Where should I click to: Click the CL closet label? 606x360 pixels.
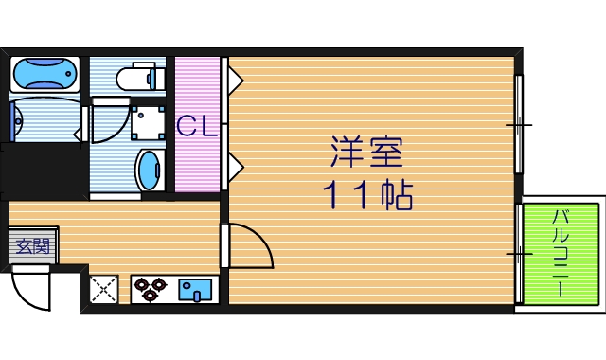click(197, 126)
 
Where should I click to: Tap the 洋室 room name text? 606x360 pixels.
click(366, 152)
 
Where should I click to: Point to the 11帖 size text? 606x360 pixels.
click(367, 194)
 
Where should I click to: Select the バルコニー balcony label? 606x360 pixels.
click(561, 253)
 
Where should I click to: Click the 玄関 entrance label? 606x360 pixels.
click(33, 246)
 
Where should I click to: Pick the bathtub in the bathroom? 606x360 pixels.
click(45, 74)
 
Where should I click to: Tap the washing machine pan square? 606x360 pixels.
click(148, 123)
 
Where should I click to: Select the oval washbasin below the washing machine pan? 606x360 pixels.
click(148, 171)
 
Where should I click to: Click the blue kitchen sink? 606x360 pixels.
click(195, 290)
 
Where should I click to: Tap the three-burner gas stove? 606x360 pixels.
click(150, 289)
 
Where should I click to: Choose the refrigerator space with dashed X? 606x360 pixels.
click(103, 289)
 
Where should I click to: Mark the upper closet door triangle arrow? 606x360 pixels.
click(235, 81)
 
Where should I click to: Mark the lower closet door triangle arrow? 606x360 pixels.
click(235, 167)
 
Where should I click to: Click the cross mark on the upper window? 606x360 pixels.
click(519, 125)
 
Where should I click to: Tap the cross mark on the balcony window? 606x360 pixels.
click(519, 254)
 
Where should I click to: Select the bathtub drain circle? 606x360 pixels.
click(68, 74)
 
